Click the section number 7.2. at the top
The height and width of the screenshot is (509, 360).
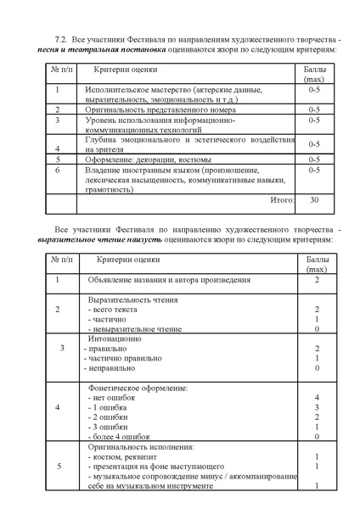pos(60,39)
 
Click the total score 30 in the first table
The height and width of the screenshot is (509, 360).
pos(314,200)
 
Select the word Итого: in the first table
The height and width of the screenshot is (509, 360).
pos(282,200)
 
